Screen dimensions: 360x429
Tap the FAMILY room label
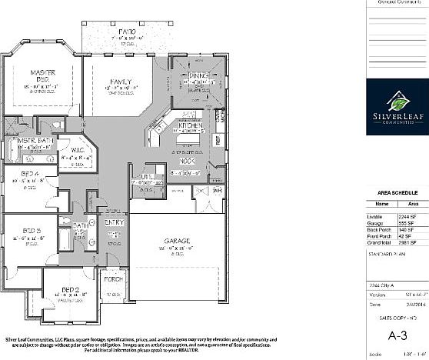[x=120, y=82]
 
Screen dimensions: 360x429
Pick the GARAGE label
[x=176, y=240]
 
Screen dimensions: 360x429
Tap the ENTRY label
[x=115, y=223]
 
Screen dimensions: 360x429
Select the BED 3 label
[x=31, y=230]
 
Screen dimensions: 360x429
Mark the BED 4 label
[x=31, y=174]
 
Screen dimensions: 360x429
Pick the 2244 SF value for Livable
[x=407, y=218]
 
